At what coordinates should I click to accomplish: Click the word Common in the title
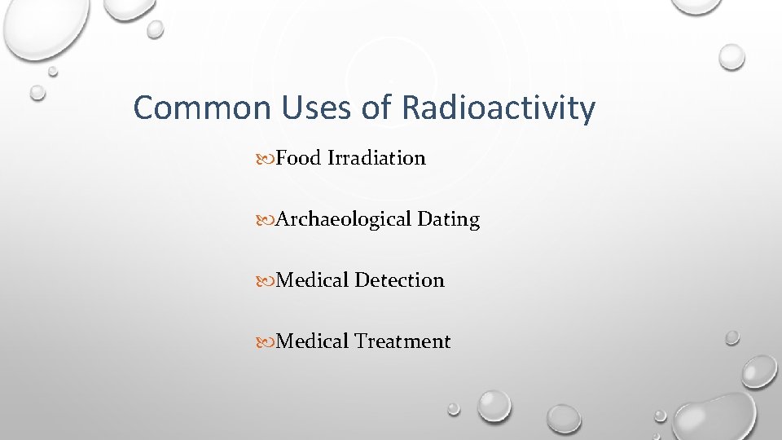[x=189, y=108]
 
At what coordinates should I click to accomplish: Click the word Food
[x=299, y=158]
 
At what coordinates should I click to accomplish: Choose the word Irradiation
[x=376, y=158]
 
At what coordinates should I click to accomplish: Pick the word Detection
[x=399, y=280]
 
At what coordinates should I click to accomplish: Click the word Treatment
[x=402, y=341]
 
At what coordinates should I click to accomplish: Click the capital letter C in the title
[x=143, y=108]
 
